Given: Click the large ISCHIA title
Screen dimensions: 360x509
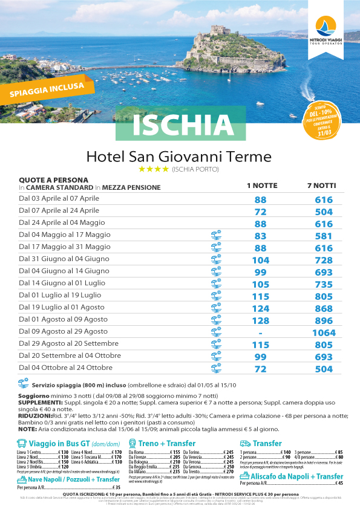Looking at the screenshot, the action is pyautogui.click(x=180, y=125).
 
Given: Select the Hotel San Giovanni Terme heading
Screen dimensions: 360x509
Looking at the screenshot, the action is pyautogui.click(x=179, y=157).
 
